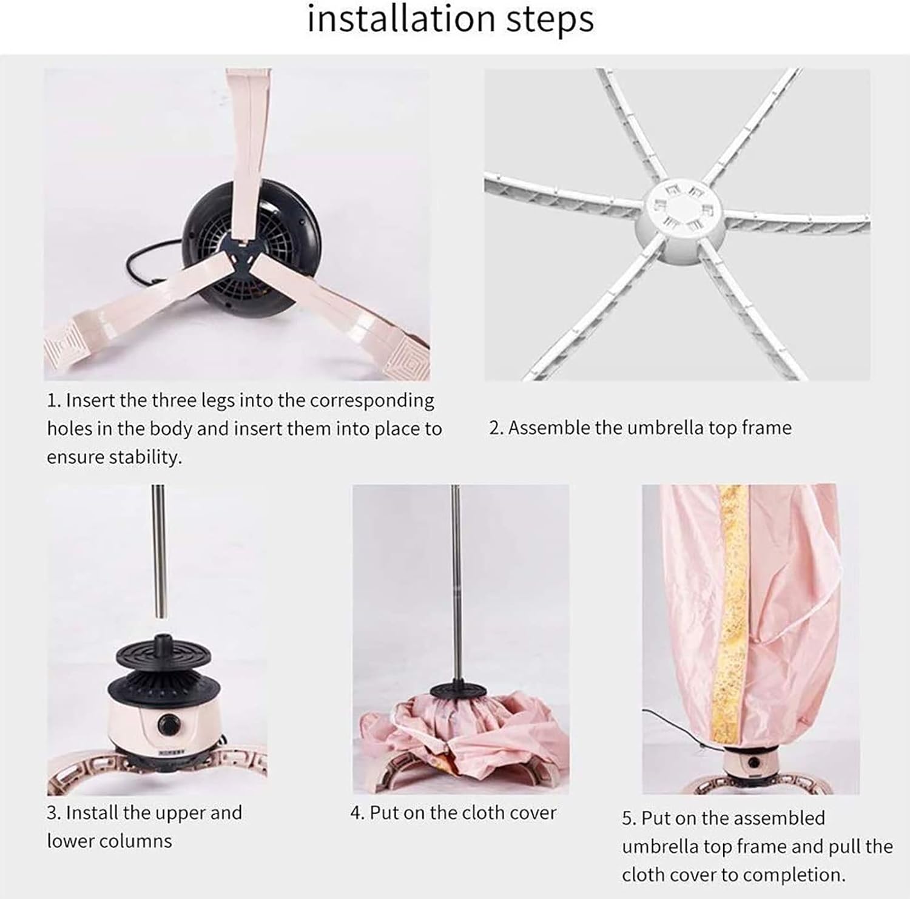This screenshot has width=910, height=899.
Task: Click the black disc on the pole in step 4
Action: tap(458, 690)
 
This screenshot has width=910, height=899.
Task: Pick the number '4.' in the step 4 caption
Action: tap(357, 813)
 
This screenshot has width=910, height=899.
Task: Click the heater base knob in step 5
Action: tap(753, 763)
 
